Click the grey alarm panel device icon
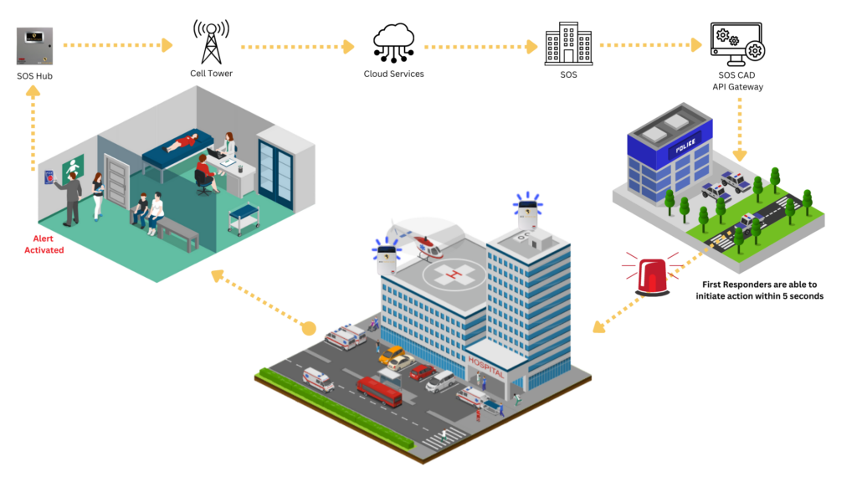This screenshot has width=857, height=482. [34, 46]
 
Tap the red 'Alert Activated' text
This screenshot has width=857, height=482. [44, 244]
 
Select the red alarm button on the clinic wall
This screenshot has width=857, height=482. [49, 177]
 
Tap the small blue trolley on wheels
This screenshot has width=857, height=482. [244, 216]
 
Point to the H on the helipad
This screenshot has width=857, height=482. [453, 273]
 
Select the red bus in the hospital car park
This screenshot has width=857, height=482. [379, 391]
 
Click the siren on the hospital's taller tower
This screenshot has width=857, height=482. [527, 210]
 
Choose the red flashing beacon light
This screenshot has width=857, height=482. [652, 275]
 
